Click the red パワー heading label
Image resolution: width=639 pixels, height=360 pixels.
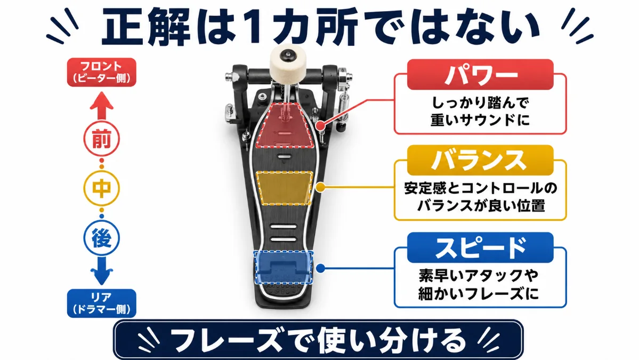click(480, 75)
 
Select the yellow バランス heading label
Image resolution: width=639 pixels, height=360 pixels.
click(480, 160)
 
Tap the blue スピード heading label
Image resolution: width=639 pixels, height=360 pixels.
click(480, 247)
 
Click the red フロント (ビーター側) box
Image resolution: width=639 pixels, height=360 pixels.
click(101, 72)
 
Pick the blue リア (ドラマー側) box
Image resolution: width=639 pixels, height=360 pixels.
click(101, 303)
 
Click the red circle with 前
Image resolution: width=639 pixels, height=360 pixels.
click(101, 139)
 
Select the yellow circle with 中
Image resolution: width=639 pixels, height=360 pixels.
click(101, 188)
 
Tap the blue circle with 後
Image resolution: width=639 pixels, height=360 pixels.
click(101, 238)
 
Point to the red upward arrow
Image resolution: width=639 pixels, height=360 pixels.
click(101, 106)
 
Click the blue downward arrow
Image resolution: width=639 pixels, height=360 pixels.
click(101, 271)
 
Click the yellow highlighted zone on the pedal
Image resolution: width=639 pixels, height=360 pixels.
click(284, 188)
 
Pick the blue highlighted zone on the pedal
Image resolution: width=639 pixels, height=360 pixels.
click(284, 267)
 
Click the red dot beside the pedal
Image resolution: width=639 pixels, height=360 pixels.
click(321, 125)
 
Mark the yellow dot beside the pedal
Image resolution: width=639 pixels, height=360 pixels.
click(321, 188)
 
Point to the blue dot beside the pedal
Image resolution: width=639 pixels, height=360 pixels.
click(321, 268)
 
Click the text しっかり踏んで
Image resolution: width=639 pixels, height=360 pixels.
click(480, 102)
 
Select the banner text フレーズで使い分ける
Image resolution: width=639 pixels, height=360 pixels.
click(318, 340)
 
